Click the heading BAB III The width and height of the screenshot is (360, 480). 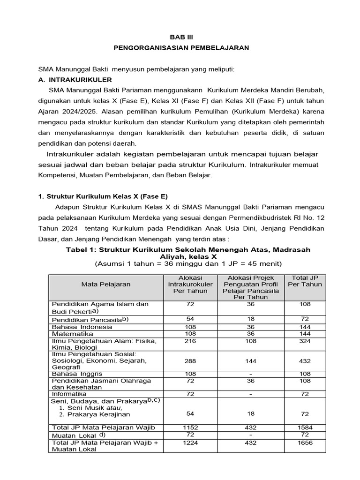click(x=181, y=37)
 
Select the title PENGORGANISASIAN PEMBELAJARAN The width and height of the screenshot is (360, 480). click(x=181, y=48)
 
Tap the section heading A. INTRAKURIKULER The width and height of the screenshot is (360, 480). click(x=75, y=80)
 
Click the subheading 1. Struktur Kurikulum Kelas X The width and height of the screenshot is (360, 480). click(x=103, y=196)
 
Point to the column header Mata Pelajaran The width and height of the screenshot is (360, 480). click(x=106, y=284)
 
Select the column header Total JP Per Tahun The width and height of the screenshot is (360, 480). click(x=305, y=281)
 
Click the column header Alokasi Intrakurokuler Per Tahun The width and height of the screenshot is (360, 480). click(x=190, y=284)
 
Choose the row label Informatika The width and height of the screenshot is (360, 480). click(x=69, y=394)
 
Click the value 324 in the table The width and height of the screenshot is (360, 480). click(x=305, y=341)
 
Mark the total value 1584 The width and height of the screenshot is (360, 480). click(x=305, y=427)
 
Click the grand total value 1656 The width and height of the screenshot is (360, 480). click(x=305, y=442)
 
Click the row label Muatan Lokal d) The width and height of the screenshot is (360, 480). click(x=75, y=435)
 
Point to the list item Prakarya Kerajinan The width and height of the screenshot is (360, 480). click(x=98, y=414)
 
